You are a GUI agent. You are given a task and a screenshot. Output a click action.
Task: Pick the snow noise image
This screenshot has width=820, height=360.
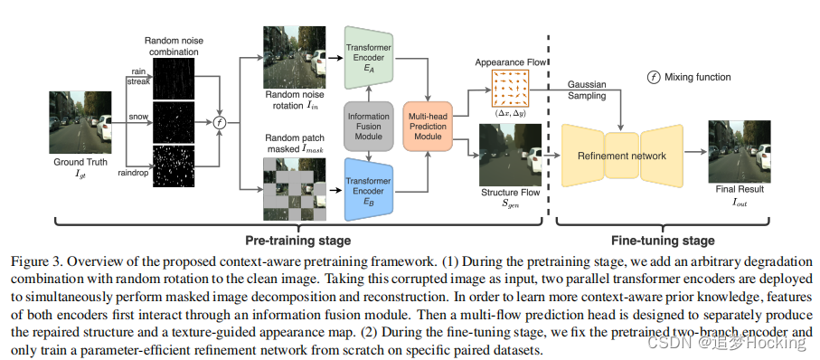174,121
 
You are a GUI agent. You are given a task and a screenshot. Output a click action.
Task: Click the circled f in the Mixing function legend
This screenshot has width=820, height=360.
652,77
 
